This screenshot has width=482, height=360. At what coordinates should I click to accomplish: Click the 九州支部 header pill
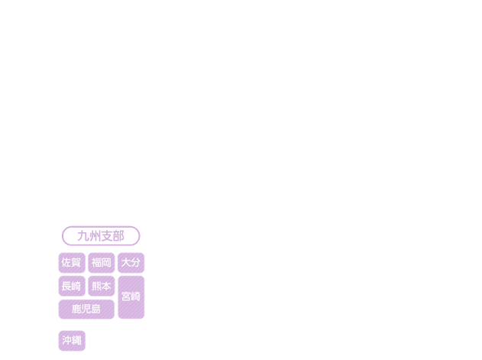(x=101, y=236)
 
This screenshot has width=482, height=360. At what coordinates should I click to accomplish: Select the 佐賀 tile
(x=72, y=263)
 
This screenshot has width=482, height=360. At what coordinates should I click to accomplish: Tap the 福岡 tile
(x=102, y=263)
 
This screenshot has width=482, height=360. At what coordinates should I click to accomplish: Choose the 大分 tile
(x=131, y=263)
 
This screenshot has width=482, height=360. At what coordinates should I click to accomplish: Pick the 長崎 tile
(x=72, y=286)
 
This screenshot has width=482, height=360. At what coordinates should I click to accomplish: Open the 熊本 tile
(x=102, y=286)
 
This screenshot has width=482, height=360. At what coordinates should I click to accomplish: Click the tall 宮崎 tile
(x=131, y=297)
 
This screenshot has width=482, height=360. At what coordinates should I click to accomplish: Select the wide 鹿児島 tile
(x=86, y=310)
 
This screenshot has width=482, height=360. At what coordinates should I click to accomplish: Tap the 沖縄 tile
(x=72, y=341)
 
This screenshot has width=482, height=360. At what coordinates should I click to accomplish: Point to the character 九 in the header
(x=83, y=236)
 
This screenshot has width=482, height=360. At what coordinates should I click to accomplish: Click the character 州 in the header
(x=95, y=236)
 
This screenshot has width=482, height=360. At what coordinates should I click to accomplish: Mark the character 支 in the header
(x=107, y=236)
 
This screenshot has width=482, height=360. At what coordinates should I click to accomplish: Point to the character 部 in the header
(x=118, y=236)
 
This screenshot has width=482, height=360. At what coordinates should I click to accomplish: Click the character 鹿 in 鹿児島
(x=76, y=309)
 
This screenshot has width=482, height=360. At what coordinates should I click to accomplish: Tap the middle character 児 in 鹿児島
(x=86, y=309)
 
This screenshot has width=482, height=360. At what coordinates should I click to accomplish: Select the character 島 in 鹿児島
(x=96, y=309)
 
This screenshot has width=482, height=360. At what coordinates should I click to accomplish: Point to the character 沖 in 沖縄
(x=66, y=340)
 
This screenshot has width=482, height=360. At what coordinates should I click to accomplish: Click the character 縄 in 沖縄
(x=76, y=340)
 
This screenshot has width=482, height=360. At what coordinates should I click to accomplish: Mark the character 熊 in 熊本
(x=96, y=286)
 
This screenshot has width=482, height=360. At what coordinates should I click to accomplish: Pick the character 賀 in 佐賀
(x=76, y=262)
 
